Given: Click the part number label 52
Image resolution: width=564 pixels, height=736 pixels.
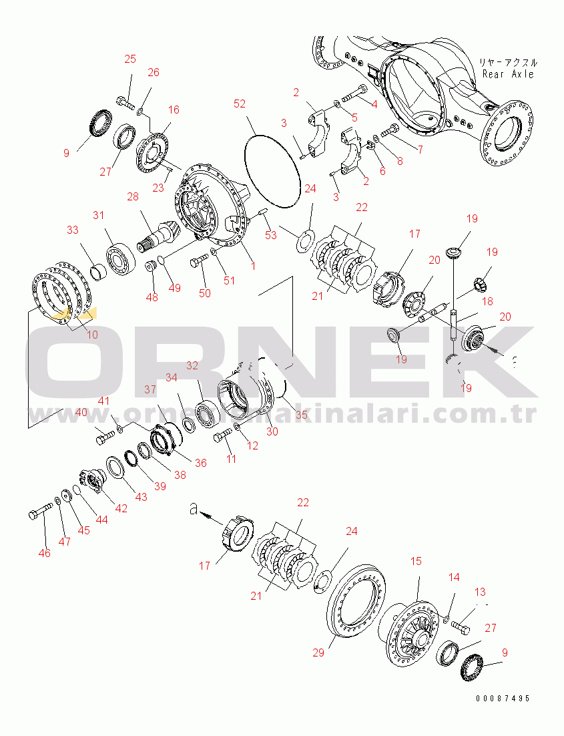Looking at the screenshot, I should (240, 104).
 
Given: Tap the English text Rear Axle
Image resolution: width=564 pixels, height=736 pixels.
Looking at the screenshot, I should (509, 74).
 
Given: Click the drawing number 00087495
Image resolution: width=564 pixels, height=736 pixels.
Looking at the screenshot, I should (503, 698).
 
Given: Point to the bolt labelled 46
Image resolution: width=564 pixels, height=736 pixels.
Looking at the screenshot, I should (39, 514).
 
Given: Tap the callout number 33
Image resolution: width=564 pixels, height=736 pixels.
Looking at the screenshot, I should (72, 230).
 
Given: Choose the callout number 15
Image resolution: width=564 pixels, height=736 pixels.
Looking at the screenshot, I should (416, 562).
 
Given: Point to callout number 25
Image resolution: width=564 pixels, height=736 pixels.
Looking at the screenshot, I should (130, 59).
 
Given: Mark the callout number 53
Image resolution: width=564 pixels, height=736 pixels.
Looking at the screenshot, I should (270, 234).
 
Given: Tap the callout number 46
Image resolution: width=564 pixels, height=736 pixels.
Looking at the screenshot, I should (45, 553).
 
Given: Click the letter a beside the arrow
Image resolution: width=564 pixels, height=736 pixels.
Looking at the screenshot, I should (194, 510).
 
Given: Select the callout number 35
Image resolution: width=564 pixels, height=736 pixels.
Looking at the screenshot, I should (301, 415).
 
